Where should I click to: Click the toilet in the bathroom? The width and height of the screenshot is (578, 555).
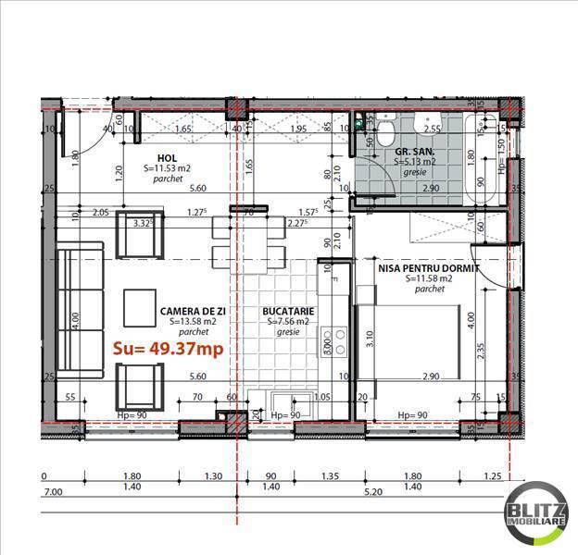pos(384,133)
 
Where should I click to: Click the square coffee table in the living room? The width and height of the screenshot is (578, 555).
pos(142,302)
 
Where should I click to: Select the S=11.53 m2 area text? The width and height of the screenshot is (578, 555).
pos(168,169)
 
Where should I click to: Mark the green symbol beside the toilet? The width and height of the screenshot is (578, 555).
pos(359,121)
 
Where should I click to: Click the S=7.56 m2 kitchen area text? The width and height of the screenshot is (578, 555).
pos(290,322)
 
